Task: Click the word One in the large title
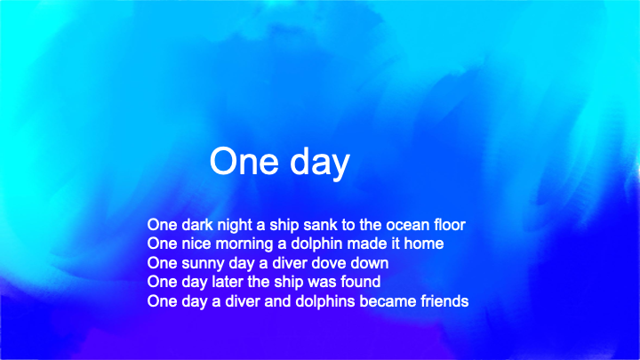(x=244, y=161)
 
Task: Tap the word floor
(x=450, y=225)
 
